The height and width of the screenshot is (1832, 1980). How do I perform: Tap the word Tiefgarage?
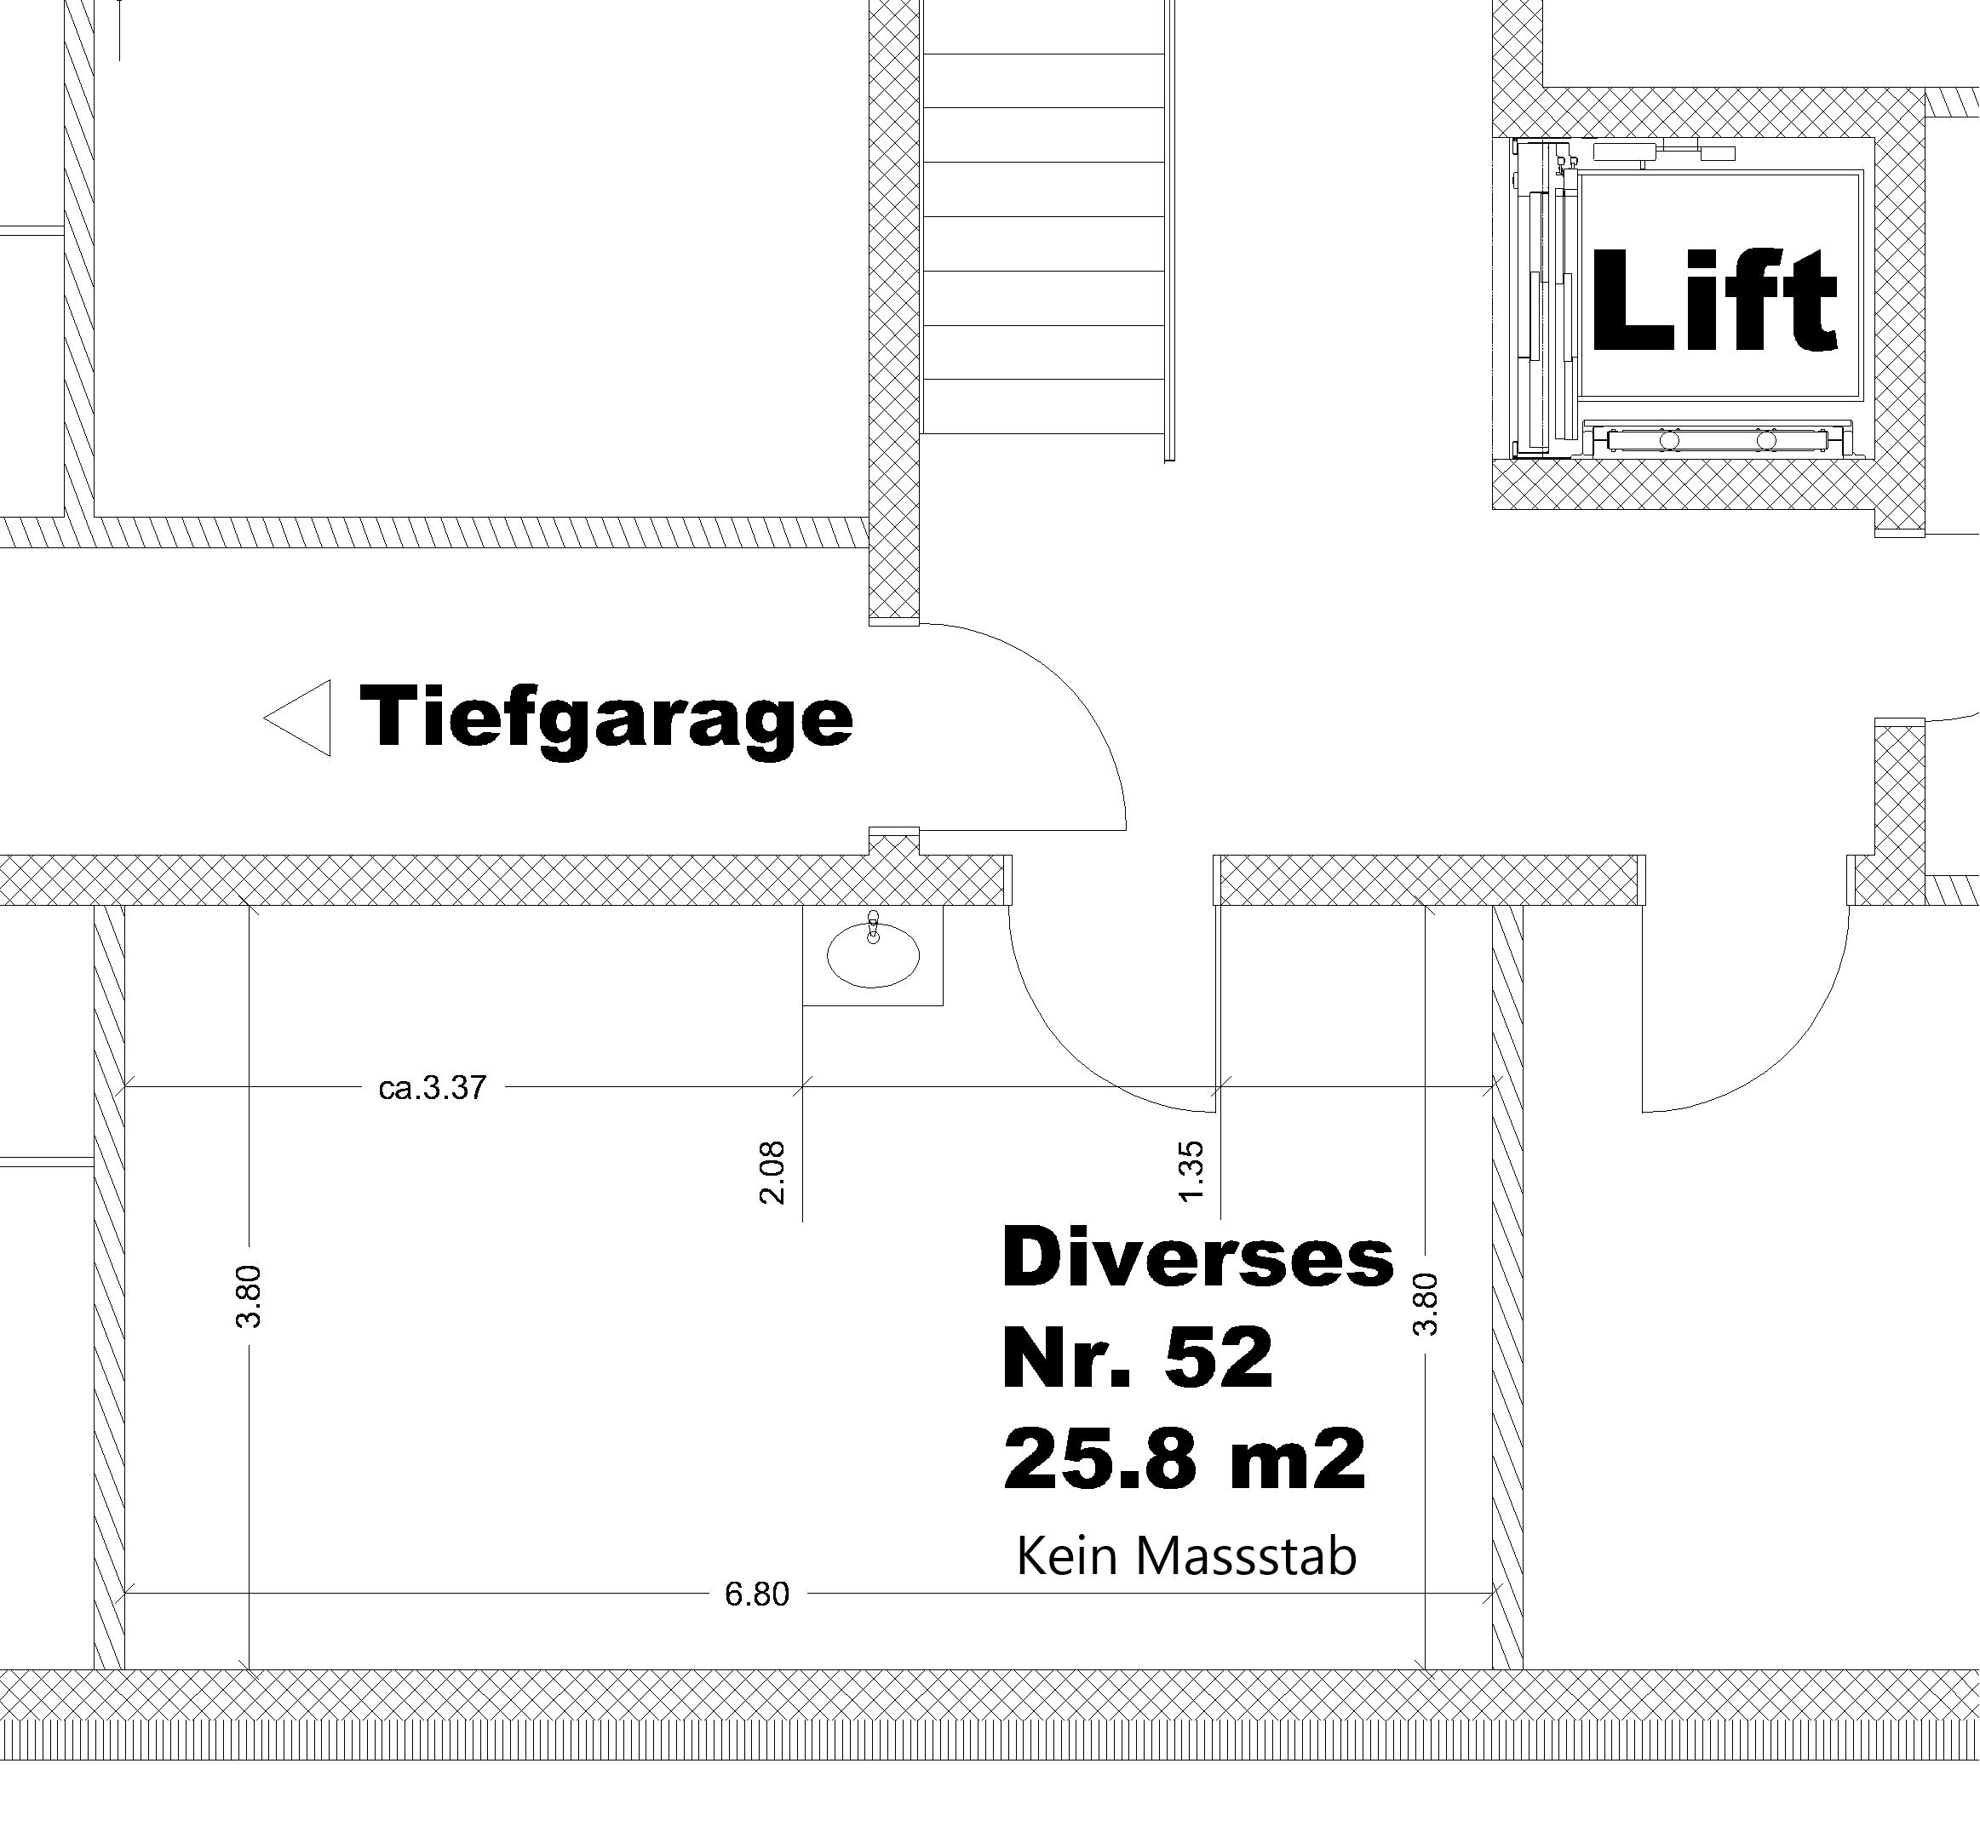(605, 718)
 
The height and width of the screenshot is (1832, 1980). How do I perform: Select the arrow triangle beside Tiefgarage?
(297, 718)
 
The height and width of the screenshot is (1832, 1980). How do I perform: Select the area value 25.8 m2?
(1185, 1459)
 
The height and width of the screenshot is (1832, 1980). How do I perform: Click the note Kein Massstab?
(1185, 1556)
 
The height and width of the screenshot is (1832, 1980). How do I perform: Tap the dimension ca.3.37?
(433, 1087)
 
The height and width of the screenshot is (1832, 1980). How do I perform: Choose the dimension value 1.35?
(1191, 1171)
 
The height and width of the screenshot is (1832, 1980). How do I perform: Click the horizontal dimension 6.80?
(756, 1594)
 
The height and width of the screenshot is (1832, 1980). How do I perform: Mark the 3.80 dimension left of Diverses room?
(249, 1296)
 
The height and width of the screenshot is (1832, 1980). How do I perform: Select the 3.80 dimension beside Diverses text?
(1425, 1304)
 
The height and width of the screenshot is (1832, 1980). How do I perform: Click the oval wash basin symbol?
(873, 954)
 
